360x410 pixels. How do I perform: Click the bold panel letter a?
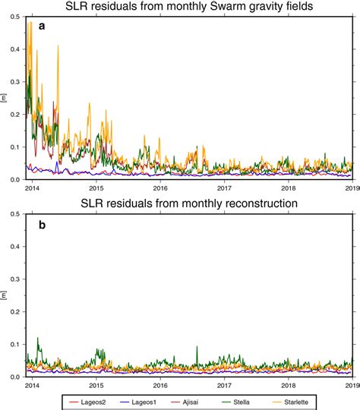click(x=43, y=27)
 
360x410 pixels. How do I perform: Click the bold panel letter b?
click(x=43, y=225)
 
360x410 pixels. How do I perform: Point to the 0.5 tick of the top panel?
click(x=16, y=16)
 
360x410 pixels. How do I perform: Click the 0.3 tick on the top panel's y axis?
click(x=16, y=81)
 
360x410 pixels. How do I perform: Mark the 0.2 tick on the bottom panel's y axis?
click(x=16, y=312)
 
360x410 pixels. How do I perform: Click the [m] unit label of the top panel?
click(x=6, y=98)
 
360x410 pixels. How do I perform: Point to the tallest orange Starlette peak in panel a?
click(x=30, y=23)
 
